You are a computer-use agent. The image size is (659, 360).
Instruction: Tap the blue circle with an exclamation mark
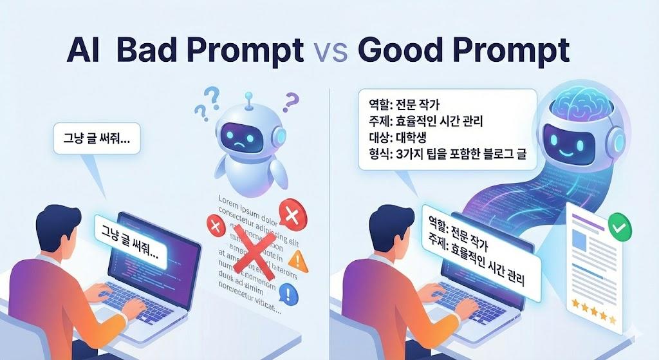289,296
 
